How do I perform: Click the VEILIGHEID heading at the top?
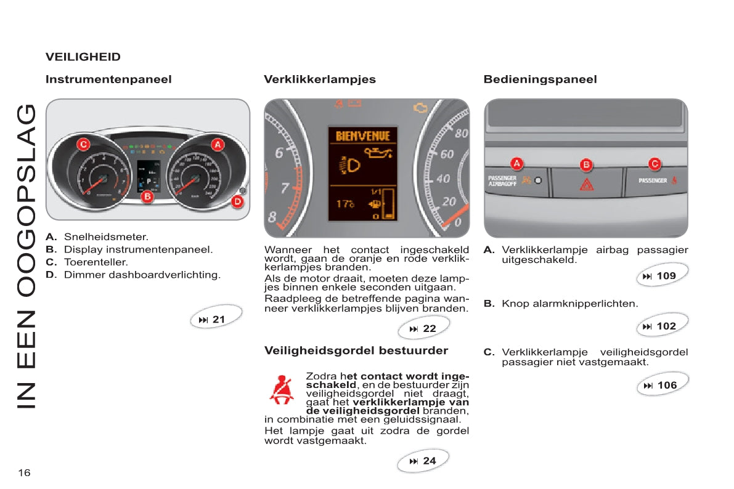(83, 57)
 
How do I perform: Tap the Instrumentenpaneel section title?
(108, 79)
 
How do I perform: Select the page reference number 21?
(219, 320)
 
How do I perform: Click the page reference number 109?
(666, 276)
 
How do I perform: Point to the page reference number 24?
(430, 461)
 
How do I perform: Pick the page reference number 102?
(666, 326)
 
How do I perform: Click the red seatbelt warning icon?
(281, 389)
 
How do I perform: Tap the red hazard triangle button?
(587, 184)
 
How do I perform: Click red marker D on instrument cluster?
(237, 201)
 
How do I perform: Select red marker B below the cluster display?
(147, 197)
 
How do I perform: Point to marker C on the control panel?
(655, 164)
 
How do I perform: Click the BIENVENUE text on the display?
(363, 135)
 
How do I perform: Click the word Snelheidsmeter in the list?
(106, 236)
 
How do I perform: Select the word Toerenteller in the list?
(96, 262)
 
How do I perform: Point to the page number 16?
(24, 472)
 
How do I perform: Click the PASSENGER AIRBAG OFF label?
(502, 180)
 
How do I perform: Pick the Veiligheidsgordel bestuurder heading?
(356, 350)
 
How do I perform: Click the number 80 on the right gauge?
(461, 133)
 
